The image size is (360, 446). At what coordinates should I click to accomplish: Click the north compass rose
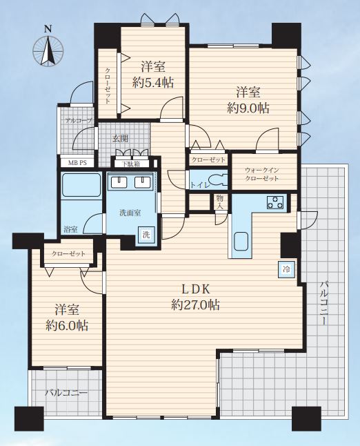point(48,50)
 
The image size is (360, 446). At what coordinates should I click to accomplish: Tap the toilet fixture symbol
point(218,180)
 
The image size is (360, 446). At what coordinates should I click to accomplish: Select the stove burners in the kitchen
point(276,202)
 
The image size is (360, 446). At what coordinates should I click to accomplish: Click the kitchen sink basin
point(241,241)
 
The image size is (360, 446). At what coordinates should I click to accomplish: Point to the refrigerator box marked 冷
point(287,269)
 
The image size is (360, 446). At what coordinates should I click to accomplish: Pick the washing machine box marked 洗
point(146,234)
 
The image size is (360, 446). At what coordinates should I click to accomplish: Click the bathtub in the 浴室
point(81,184)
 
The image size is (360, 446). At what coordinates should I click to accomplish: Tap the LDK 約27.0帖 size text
point(195,298)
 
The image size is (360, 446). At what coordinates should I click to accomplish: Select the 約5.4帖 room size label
point(153,83)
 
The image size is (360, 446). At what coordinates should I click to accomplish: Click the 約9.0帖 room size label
point(248,108)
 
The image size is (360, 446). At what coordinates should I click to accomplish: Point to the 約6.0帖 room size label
point(67,325)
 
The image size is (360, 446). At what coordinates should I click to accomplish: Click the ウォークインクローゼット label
point(261,175)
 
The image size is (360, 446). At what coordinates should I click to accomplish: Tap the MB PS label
point(77,163)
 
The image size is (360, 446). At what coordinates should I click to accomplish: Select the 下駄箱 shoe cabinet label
point(132,164)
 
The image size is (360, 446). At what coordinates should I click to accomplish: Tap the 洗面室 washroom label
point(130,213)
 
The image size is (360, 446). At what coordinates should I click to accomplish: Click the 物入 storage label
point(219,202)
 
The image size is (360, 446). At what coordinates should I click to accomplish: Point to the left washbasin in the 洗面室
point(119,182)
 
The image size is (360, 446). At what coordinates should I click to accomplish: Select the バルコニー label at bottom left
point(66,394)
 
